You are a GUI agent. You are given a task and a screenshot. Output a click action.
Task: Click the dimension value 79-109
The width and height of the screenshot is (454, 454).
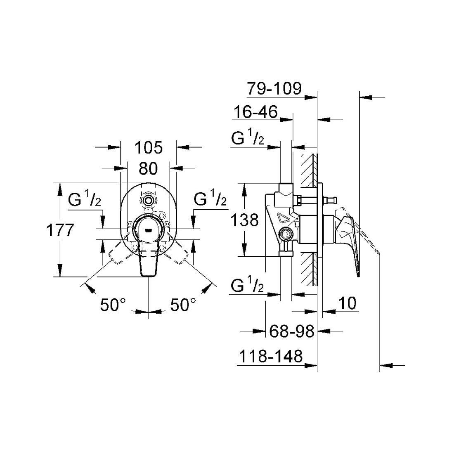point(274,88)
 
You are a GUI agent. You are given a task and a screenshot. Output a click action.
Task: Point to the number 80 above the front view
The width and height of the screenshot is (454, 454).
point(148,168)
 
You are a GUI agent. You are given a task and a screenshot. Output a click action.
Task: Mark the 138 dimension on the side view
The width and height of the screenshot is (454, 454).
point(245,220)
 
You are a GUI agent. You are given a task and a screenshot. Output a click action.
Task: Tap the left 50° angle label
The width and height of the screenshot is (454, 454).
point(113,305)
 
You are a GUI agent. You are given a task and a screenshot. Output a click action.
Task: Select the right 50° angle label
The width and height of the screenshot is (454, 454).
point(183,305)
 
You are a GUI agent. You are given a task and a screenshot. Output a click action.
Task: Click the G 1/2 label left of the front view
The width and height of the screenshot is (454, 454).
point(85,201)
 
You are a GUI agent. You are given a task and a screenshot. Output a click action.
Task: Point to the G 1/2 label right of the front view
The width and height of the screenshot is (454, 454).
point(210,200)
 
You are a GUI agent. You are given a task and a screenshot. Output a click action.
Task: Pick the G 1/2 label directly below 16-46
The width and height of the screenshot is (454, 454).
point(248,139)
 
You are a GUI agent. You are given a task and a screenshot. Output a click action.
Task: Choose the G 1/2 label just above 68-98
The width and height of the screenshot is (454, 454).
point(248,286)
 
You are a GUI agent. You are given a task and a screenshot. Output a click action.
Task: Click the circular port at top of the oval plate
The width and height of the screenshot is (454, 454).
point(148,201)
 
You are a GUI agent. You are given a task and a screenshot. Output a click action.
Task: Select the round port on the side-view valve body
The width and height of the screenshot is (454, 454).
point(284,235)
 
